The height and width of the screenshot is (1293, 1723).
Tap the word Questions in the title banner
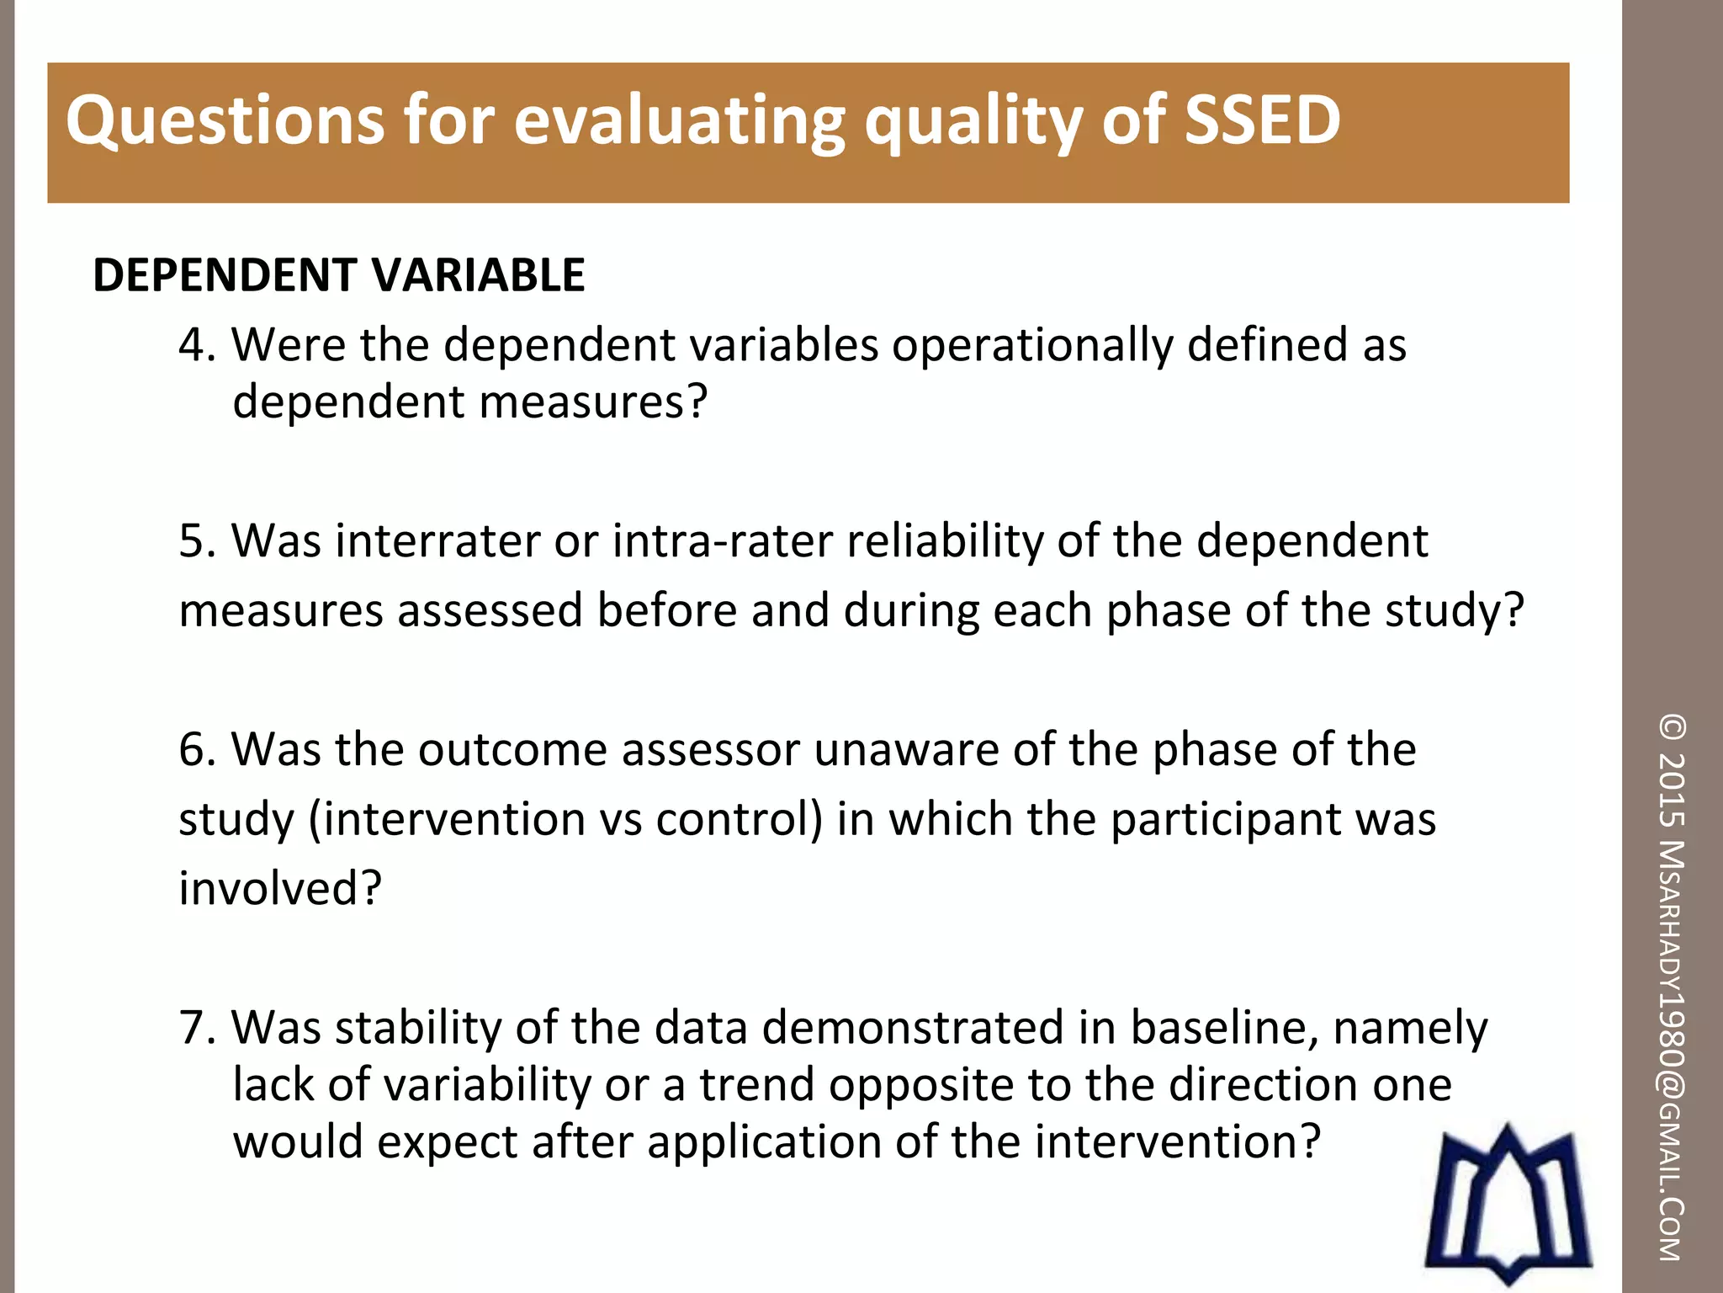point(224,120)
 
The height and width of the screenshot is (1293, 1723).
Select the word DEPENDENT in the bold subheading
point(225,275)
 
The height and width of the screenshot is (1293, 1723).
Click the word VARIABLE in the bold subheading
point(478,275)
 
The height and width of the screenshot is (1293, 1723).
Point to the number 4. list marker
point(197,345)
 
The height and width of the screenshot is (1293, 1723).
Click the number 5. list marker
point(197,540)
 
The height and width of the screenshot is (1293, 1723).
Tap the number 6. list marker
point(197,749)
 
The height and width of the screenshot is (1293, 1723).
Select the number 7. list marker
point(197,1028)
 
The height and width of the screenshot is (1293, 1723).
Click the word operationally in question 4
point(1032,345)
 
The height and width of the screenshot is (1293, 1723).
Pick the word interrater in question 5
point(437,540)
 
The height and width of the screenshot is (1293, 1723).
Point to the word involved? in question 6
point(280,888)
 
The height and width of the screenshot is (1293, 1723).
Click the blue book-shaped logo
point(1506,1204)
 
